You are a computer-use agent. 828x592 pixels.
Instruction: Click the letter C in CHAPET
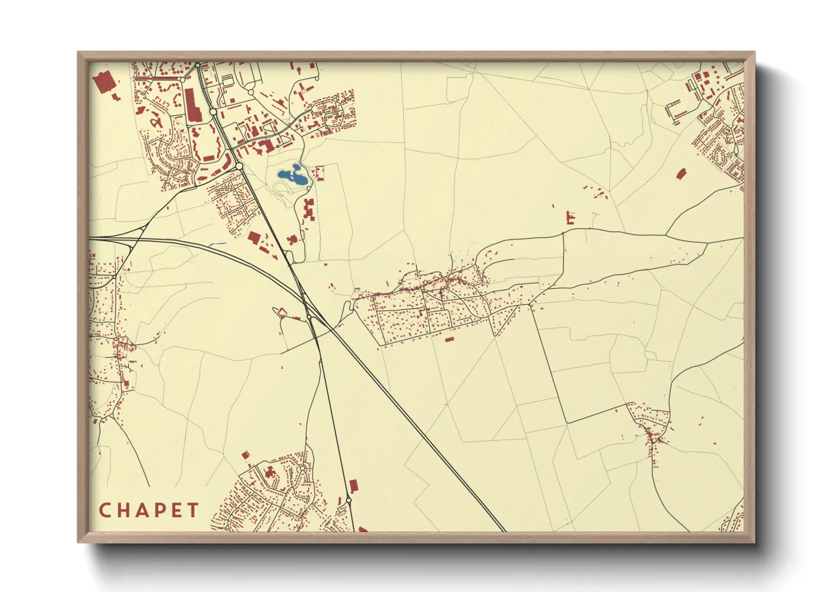(104, 510)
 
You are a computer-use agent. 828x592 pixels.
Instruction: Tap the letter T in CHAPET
(193, 510)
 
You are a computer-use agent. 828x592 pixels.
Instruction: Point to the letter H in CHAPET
(122, 510)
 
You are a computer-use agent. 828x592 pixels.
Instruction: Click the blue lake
(293, 176)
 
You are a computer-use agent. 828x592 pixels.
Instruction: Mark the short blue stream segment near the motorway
(217, 245)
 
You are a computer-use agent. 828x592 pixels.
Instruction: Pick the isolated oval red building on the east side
(681, 173)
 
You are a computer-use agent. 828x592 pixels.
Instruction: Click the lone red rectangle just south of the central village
(449, 339)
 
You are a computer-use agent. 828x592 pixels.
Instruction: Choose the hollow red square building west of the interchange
(282, 312)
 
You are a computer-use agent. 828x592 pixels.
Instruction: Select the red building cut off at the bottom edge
(363, 529)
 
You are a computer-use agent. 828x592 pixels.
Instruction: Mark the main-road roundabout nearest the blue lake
(239, 166)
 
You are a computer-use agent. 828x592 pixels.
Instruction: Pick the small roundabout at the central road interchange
(309, 317)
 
